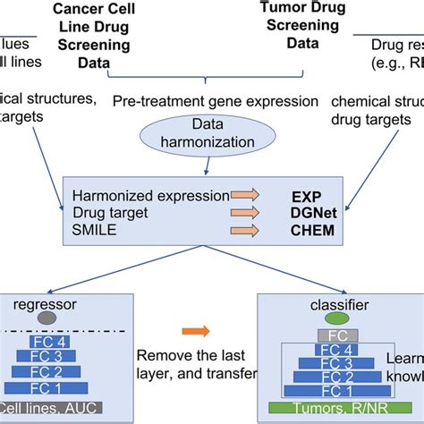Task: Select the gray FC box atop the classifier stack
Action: click(311, 335)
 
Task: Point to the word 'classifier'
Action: click(311, 301)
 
